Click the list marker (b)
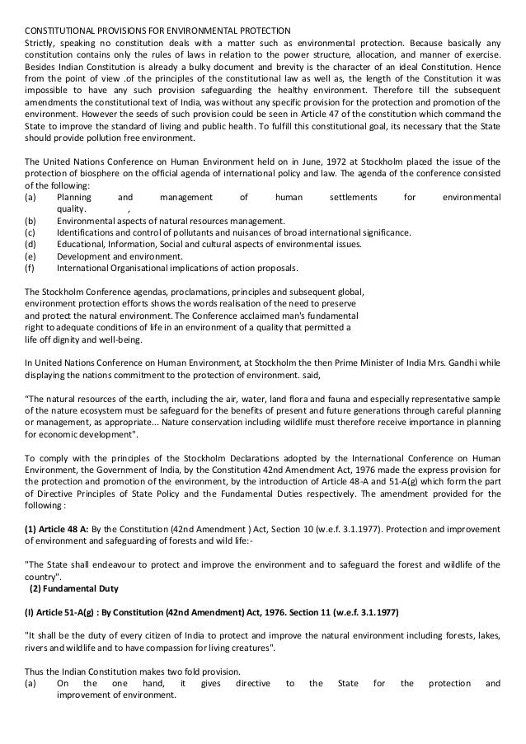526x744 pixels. [x=31, y=221]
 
